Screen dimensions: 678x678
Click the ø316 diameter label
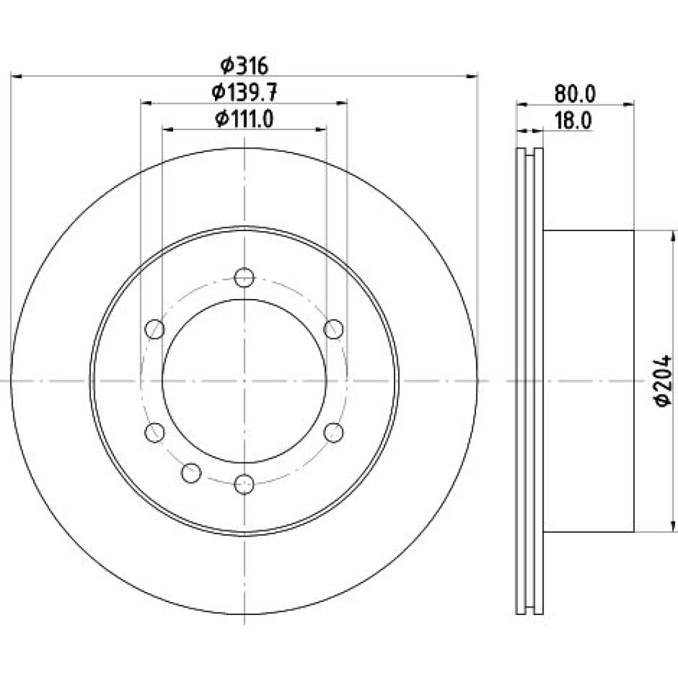point(244,66)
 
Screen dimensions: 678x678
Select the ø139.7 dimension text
point(244,92)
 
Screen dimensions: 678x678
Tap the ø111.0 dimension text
point(244,119)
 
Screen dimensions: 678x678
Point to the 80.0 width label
point(575,94)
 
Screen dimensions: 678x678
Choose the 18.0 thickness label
point(573,121)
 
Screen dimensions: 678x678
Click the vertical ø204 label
point(662,380)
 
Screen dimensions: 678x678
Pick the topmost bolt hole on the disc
point(244,277)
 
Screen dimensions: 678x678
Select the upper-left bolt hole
point(155,329)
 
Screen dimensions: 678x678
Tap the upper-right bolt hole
point(334,329)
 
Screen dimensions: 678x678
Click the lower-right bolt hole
point(334,433)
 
